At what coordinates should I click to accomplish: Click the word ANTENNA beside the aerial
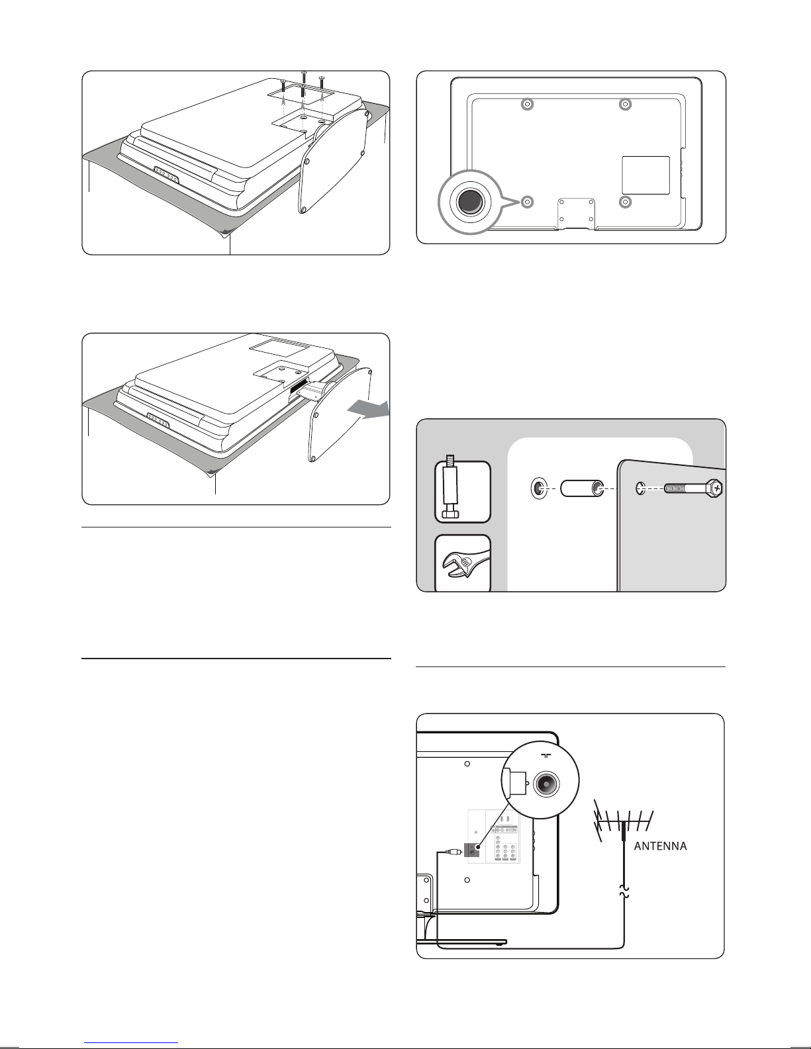[660, 846]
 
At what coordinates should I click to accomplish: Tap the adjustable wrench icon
[463, 563]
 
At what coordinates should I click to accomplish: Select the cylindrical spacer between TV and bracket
[582, 488]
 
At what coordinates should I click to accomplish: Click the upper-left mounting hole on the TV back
[528, 105]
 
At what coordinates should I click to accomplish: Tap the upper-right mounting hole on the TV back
[625, 105]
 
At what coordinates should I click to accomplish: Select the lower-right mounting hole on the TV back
[625, 202]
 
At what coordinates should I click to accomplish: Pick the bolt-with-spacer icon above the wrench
[463, 492]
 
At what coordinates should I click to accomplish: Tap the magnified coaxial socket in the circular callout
[546, 782]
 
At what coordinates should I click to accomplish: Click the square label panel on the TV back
[645, 175]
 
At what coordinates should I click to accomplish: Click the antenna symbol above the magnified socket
[546, 756]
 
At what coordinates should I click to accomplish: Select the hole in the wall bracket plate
[641, 489]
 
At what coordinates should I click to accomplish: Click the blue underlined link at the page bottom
[131, 1042]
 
